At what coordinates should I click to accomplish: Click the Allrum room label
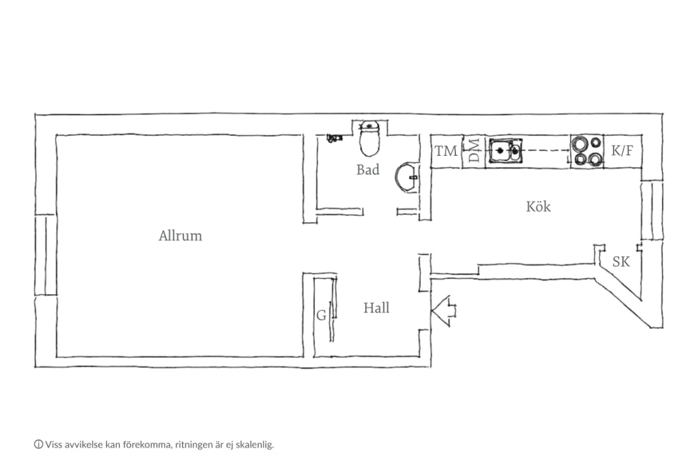(x=180, y=236)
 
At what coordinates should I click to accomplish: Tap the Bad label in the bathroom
(x=367, y=170)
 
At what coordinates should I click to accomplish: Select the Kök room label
(x=538, y=206)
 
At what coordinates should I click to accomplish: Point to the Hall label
(x=376, y=308)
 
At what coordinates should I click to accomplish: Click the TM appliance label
(x=446, y=151)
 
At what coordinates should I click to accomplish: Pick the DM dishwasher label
(x=474, y=150)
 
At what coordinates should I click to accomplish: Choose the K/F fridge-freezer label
(x=622, y=150)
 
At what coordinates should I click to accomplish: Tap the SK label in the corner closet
(x=621, y=261)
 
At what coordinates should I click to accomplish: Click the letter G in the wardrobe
(x=321, y=315)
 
